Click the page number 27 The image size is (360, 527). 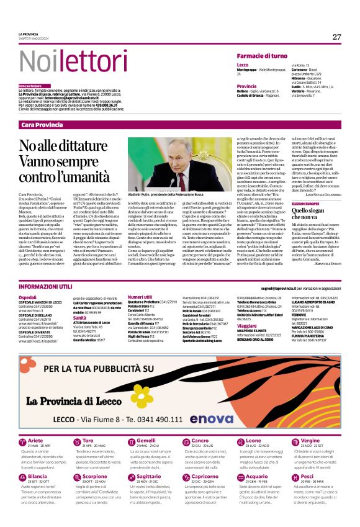[x=336, y=37]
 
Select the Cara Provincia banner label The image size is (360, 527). [x=42, y=125]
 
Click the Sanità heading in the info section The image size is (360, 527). [x=80, y=317]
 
